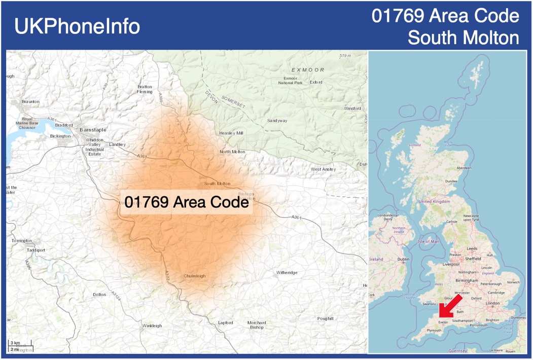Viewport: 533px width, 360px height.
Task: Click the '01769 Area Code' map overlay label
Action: tap(187, 202)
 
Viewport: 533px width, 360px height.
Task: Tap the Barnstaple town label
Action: tap(93, 130)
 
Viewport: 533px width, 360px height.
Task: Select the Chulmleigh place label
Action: tap(195, 276)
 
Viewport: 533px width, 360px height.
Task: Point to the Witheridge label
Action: tap(287, 273)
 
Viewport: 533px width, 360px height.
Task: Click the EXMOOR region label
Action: tap(308, 69)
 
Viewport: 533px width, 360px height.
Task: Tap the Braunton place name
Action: tap(30, 101)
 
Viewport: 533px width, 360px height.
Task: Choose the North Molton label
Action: tap(232, 152)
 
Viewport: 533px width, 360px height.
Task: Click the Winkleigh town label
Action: tap(152, 326)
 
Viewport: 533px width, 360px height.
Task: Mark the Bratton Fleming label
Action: tap(145, 89)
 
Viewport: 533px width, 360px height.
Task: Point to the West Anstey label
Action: tap(323, 169)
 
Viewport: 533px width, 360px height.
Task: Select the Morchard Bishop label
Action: tap(257, 325)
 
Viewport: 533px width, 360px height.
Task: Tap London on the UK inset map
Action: tap(492, 303)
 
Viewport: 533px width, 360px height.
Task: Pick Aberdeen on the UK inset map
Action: tap(464, 168)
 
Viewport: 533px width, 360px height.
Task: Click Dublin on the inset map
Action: tap(404, 259)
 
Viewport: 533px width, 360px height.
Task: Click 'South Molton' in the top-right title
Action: tap(464, 38)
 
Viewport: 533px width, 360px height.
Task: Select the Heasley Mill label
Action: tap(231, 133)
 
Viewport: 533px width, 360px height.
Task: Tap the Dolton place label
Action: tap(99, 295)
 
